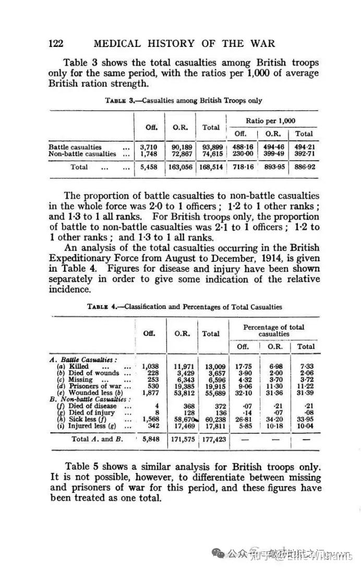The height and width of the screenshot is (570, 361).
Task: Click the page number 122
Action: coord(56,44)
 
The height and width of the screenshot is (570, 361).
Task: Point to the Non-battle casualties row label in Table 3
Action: coord(82,154)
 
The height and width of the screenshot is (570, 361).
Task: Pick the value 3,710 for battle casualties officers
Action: coord(150,147)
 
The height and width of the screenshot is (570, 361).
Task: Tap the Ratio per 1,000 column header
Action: coord(271,120)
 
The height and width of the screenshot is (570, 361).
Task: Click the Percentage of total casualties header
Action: coord(273,330)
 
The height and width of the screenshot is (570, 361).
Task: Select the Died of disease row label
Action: coord(87,405)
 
